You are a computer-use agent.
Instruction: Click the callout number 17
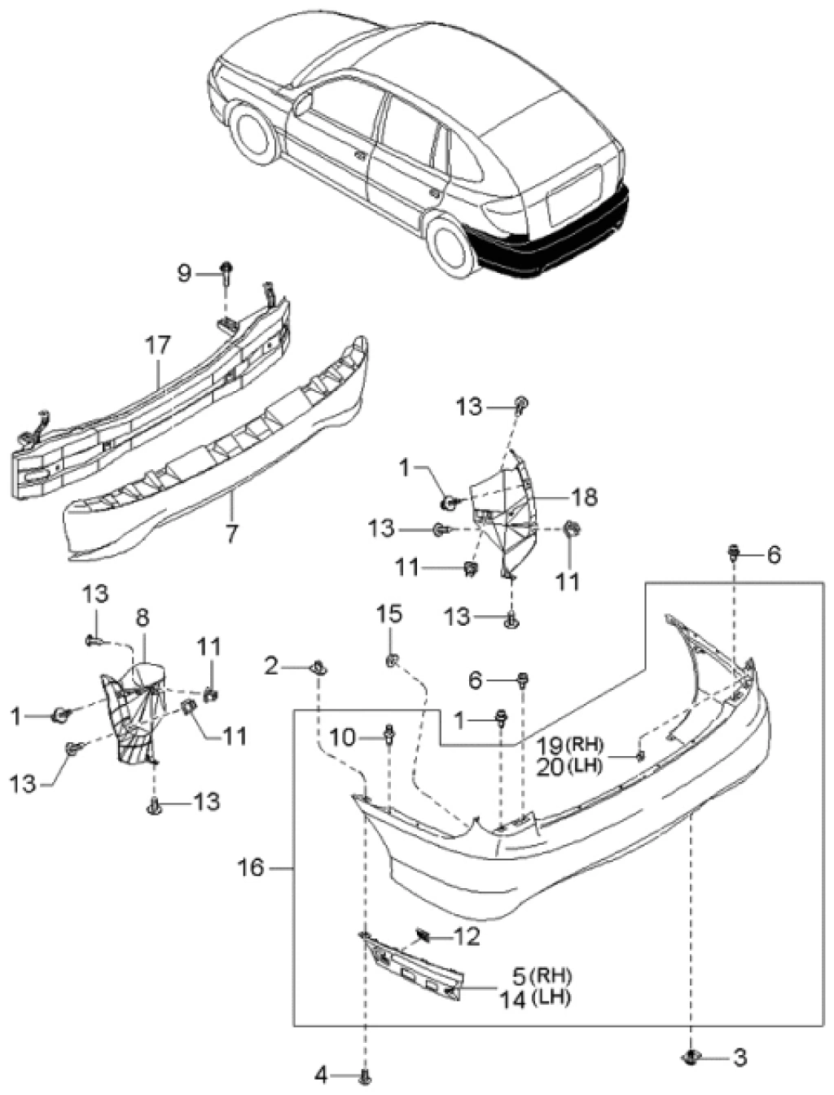click(158, 345)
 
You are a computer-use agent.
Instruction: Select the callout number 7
click(232, 534)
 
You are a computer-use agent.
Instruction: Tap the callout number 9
click(185, 273)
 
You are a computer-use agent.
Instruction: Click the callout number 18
click(585, 496)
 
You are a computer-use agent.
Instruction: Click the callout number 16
click(252, 868)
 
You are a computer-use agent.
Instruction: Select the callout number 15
click(390, 614)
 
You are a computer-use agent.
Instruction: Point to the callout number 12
click(467, 937)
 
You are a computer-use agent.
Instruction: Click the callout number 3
click(739, 1058)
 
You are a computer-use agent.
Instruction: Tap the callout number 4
click(321, 1076)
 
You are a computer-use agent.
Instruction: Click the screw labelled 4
click(364, 1076)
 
